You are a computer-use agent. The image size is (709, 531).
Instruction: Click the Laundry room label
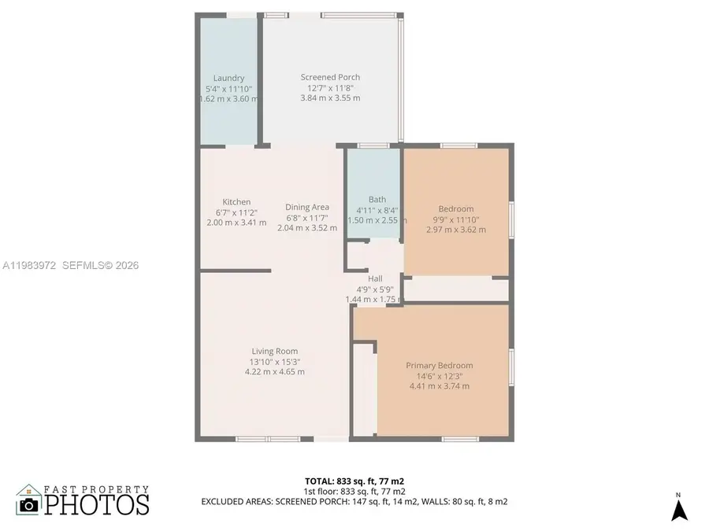[228, 78]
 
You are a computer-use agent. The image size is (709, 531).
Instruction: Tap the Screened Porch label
[330, 77]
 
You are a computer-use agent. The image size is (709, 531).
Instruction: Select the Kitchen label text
[236, 202]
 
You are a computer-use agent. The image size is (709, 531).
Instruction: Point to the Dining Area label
[307, 207]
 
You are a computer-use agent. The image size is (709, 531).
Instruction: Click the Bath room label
[377, 200]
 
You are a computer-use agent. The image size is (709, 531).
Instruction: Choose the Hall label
[375, 278]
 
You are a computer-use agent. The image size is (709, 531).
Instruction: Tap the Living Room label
[275, 351]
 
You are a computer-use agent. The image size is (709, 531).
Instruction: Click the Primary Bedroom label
[439, 366]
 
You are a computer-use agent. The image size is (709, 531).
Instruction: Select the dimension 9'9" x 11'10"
[456, 219]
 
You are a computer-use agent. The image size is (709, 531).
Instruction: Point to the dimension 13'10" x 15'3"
[275, 361]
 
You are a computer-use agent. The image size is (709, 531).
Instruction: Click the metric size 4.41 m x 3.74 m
[439, 386]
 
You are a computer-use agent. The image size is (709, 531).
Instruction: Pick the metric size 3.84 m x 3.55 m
[330, 98]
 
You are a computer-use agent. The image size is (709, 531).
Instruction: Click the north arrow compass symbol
[679, 510]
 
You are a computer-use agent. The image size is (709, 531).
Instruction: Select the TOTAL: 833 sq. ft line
[354, 480]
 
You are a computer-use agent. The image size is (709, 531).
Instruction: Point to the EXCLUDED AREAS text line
[354, 501]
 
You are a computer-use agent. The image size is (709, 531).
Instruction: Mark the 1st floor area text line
[354, 490]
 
